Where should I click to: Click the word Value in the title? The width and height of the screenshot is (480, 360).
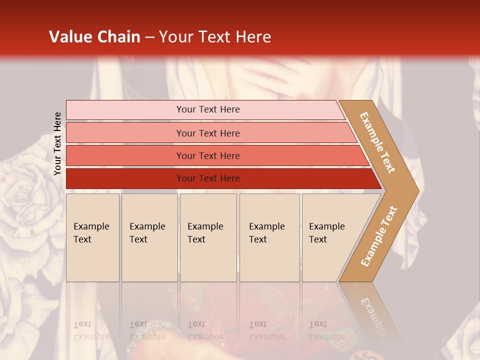tap(69, 37)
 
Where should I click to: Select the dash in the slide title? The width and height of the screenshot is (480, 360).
tap(149, 37)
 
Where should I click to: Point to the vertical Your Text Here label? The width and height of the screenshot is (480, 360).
tap(57, 143)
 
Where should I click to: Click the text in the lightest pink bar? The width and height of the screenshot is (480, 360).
tap(208, 109)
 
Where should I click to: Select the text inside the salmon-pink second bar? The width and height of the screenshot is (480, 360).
tap(208, 133)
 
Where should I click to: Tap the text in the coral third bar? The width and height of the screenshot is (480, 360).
tap(208, 155)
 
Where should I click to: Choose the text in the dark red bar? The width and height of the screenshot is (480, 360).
tap(208, 178)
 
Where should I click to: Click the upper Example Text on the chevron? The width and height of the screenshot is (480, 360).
tap(377, 142)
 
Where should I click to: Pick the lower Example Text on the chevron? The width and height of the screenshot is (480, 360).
tap(379, 236)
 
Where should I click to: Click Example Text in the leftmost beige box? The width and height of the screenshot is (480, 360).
tap(91, 233)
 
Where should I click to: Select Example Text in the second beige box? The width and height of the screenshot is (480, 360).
tap(147, 233)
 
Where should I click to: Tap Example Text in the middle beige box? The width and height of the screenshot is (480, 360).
tap(205, 233)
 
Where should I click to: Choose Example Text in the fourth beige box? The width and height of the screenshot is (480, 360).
tap(266, 233)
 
